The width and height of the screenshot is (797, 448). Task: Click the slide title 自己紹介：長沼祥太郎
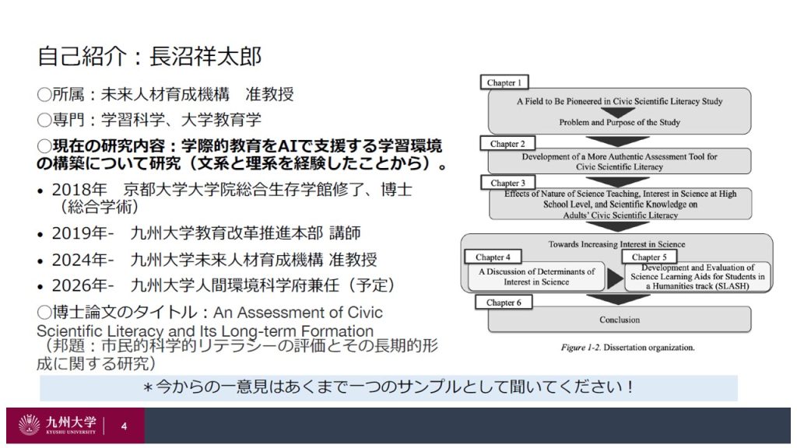[149, 57]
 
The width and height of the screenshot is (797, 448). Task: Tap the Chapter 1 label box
[504, 82]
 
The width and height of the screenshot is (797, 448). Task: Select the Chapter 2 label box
[507, 144]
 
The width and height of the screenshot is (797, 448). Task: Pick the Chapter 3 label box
[507, 184]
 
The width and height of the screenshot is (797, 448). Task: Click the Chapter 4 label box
[493, 257]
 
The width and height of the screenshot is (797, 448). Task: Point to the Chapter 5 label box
[649, 257]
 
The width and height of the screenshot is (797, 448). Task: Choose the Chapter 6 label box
[504, 303]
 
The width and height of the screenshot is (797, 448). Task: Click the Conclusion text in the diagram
[620, 320]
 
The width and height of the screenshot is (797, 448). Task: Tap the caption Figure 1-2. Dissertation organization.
[627, 348]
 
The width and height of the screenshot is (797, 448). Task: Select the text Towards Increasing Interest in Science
[616, 244]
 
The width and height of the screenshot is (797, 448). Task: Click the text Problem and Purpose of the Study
[620, 123]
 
